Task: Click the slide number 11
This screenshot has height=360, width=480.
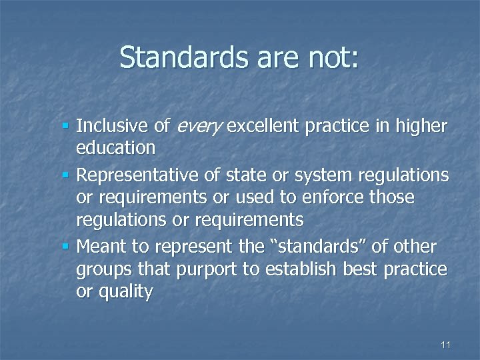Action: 446,345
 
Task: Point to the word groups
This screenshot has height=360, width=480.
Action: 105,269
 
